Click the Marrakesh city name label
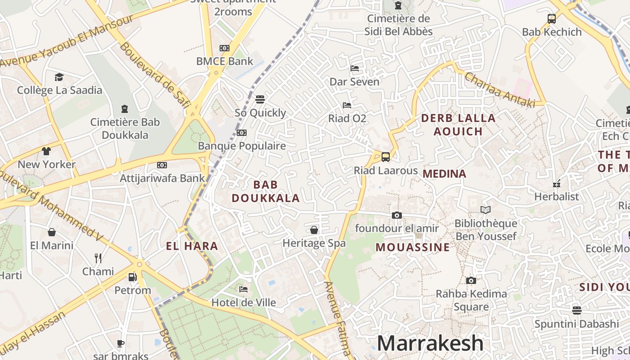[430, 343]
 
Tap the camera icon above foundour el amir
[396, 215]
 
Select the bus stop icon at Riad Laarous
[386, 157]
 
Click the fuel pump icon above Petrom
[132, 277]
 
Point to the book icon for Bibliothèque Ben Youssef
[485, 210]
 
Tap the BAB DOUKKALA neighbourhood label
[265, 191]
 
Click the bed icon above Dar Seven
[355, 68]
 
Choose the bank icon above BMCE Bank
[225, 48]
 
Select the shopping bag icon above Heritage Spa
[314, 230]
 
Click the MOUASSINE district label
[413, 247]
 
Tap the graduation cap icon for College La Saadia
[59, 77]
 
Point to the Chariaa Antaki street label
[499, 90]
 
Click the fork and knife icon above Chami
[98, 258]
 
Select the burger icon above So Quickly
[260, 99]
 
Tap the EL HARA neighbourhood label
[192, 246]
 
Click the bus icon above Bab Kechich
[552, 19]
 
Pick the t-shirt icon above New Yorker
[46, 151]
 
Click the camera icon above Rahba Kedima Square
[471, 281]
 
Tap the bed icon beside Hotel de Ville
[243, 289]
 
